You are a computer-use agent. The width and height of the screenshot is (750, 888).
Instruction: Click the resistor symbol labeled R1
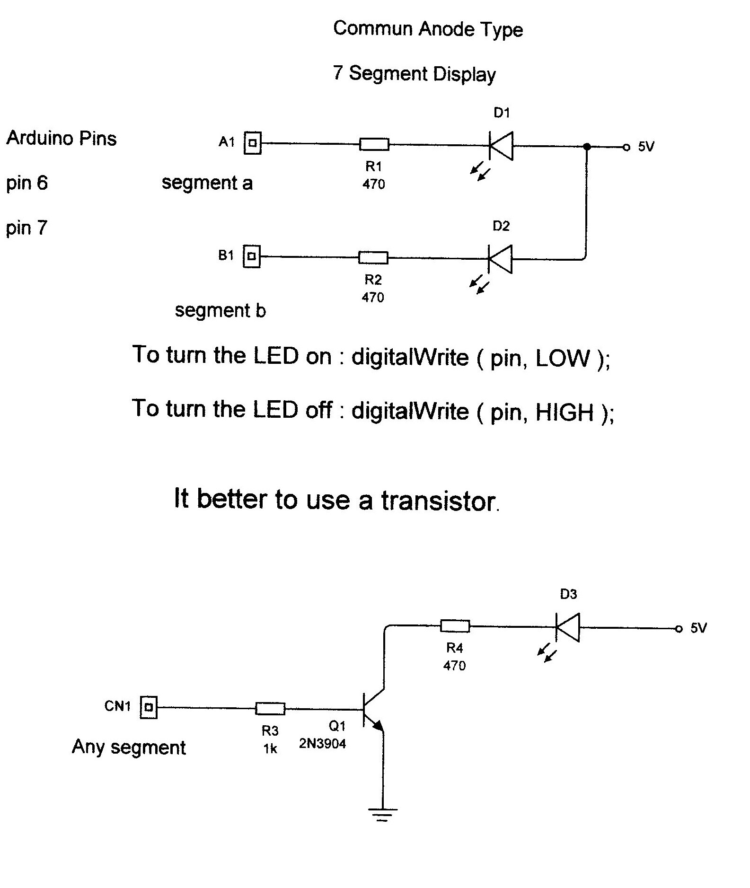(374, 144)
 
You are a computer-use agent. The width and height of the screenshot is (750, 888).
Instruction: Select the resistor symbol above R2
(373, 258)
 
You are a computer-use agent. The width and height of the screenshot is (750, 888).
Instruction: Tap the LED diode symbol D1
(501, 146)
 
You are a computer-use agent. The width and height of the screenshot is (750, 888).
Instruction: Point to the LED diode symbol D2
(500, 259)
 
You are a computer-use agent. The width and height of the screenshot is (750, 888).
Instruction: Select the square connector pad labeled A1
(252, 142)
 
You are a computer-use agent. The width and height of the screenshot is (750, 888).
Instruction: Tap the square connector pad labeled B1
(252, 256)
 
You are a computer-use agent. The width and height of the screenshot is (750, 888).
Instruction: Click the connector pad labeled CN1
(149, 707)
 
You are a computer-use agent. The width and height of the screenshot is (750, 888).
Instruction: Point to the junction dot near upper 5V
(587, 147)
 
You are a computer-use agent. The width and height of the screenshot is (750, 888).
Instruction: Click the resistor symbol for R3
(270, 708)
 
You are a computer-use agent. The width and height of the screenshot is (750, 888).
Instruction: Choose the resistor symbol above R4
(455, 626)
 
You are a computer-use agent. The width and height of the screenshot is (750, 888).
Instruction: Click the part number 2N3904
(322, 744)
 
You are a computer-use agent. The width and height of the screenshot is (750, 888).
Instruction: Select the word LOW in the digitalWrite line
(563, 359)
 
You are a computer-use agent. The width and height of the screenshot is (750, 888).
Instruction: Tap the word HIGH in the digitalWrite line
(564, 412)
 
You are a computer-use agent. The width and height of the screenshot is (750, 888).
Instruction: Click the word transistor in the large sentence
(438, 501)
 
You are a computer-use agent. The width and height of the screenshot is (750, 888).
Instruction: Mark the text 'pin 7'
(26, 228)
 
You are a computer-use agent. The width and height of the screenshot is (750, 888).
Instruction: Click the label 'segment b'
(220, 311)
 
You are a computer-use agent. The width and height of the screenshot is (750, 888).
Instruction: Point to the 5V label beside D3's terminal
(698, 628)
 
